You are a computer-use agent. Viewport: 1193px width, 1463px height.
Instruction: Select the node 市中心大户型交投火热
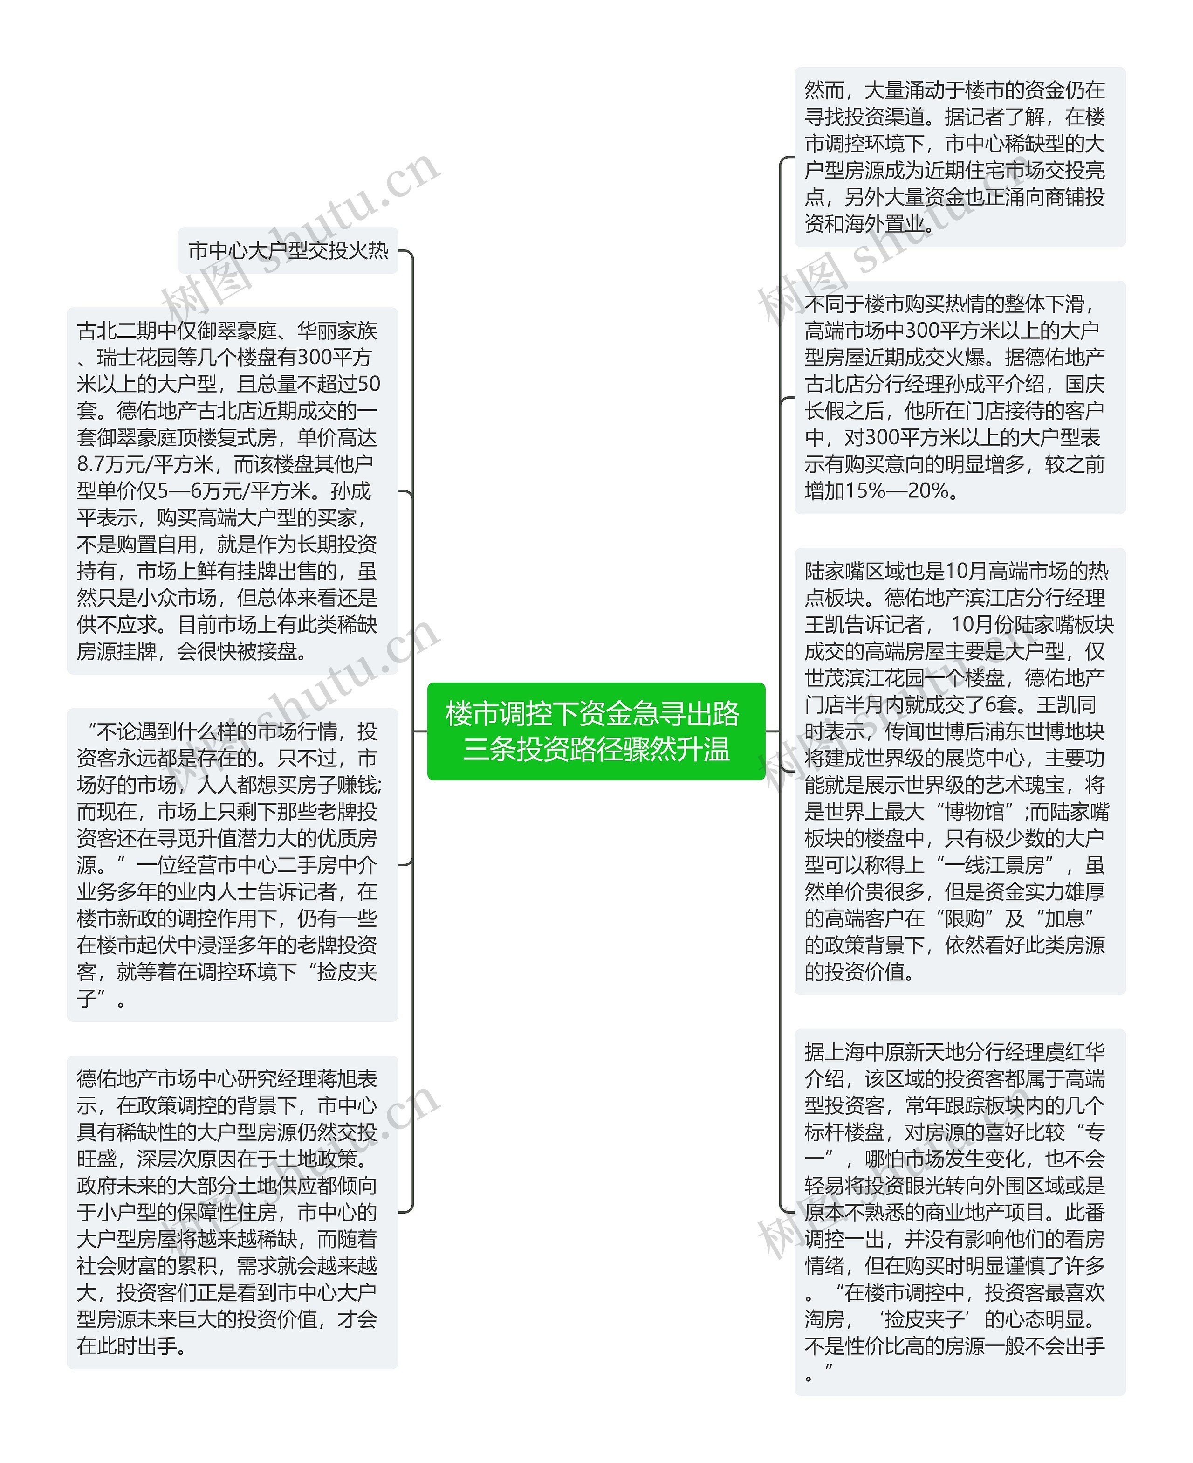point(288,250)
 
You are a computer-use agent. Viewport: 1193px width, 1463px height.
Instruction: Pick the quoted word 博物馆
point(974,812)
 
